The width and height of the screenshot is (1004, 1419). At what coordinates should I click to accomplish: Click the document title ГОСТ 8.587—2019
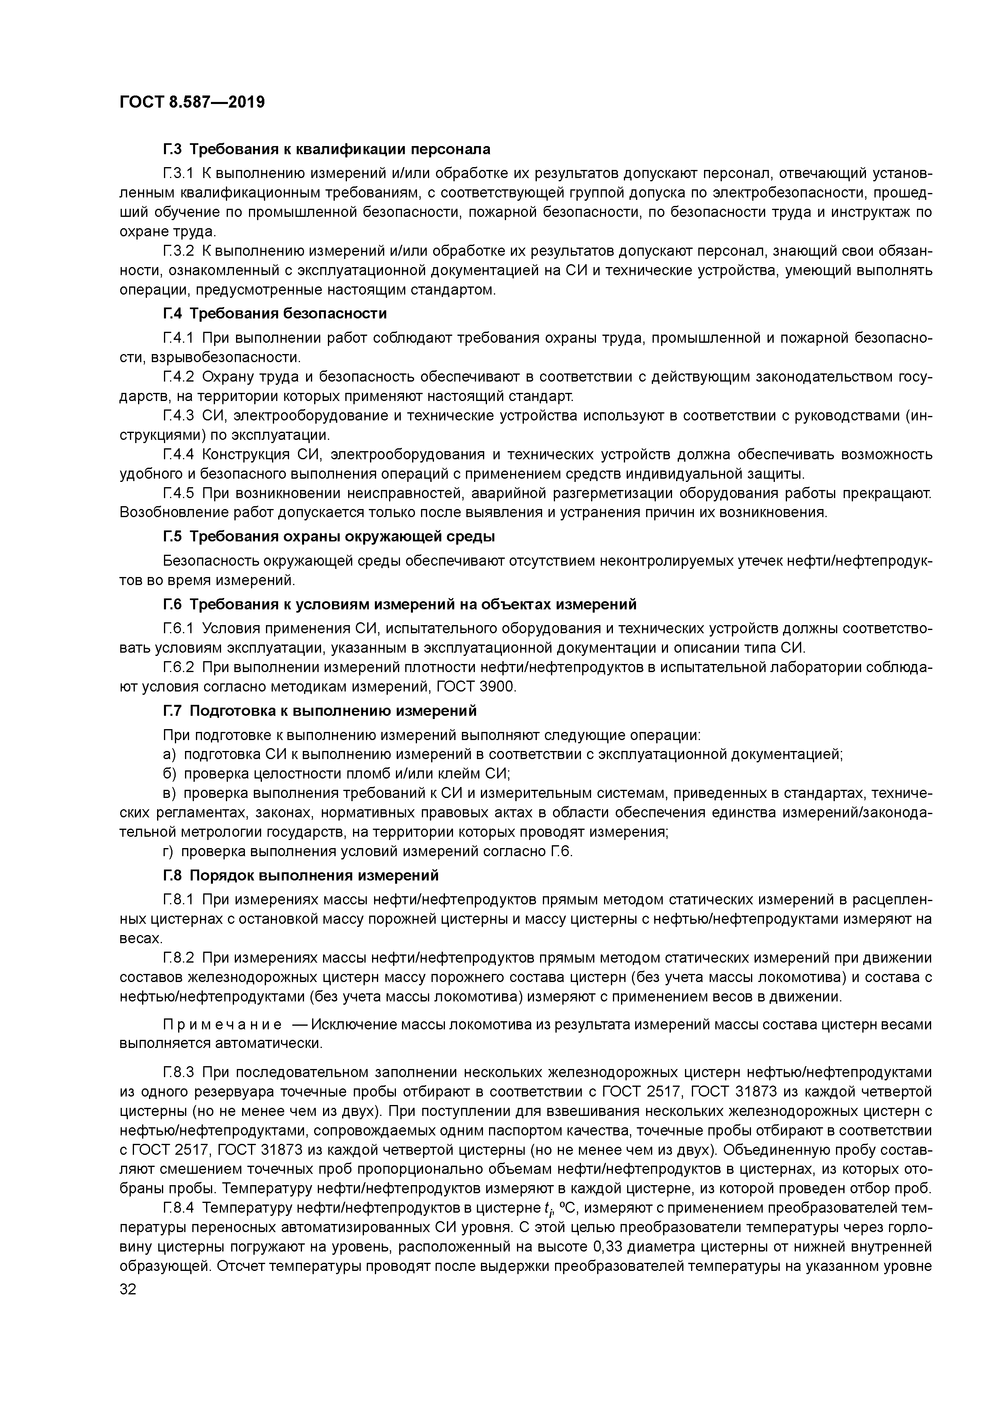tap(191, 102)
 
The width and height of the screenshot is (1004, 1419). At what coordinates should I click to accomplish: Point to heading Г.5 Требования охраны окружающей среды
tap(329, 537)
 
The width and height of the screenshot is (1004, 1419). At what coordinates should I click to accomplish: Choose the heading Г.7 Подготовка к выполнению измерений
tap(320, 711)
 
